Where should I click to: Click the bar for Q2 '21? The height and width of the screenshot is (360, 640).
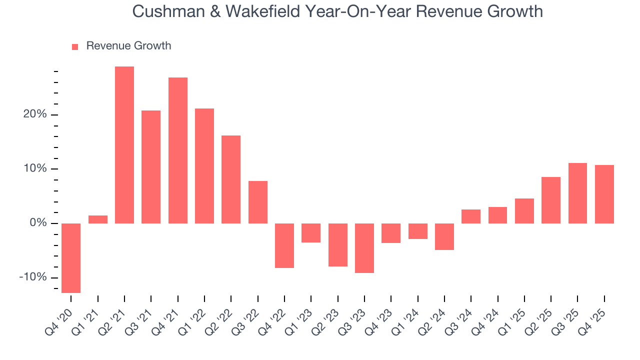pos(124,145)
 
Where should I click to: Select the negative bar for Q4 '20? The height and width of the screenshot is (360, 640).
pos(71,258)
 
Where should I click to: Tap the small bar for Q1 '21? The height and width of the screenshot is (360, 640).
pos(98,219)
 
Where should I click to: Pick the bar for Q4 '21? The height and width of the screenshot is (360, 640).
pos(178,150)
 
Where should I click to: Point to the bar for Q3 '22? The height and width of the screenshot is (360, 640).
pos(258,202)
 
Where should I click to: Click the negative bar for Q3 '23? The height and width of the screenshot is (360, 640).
pos(364,248)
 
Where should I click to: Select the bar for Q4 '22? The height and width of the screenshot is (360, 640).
pos(284,245)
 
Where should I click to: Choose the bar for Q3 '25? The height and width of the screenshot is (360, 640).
pos(577,193)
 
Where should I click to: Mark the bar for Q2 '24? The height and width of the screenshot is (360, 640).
pos(444,236)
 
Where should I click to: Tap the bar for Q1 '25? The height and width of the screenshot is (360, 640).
pos(524,211)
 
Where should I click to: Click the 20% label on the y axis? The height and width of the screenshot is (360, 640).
pos(35,114)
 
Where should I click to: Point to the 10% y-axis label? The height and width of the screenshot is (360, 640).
pos(35,169)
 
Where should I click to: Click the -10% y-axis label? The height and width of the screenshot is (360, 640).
pos(33,277)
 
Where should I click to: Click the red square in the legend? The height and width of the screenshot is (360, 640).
pos(75,46)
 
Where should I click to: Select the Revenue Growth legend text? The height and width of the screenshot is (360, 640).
pos(128,46)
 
